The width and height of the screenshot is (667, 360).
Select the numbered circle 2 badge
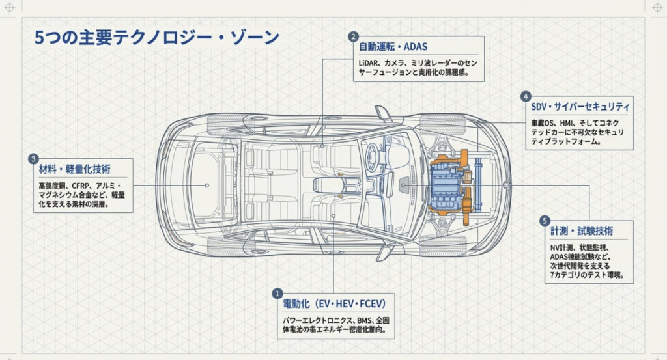click(x=353, y=36)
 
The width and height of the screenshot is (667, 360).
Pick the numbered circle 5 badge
click(x=545, y=221)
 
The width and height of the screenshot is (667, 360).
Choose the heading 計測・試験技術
click(x=582, y=231)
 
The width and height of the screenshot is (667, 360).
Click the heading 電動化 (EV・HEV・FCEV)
click(x=335, y=304)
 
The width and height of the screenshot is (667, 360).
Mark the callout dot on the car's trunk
click(x=206, y=185)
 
